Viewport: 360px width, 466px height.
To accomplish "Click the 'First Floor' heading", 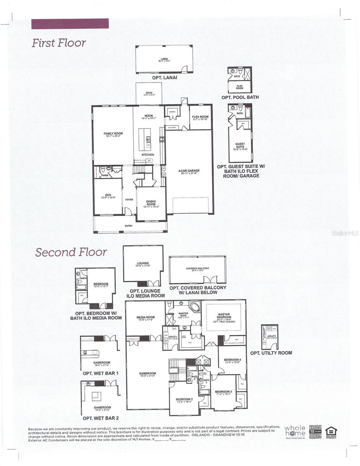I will (59, 43).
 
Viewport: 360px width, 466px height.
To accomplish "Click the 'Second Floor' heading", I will (71, 252).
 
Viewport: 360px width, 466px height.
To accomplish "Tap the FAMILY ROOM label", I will (113, 134).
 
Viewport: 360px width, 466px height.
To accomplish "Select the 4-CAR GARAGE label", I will (189, 171).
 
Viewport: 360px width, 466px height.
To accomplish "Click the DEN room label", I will (108, 196).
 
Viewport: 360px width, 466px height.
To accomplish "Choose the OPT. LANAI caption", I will (164, 78).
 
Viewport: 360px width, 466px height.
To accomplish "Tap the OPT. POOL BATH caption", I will (240, 97).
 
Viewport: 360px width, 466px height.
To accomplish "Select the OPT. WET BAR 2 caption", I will (101, 418).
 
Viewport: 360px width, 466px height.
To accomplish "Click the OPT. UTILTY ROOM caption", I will (271, 353).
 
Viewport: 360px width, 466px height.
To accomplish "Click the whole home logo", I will (295, 431).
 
